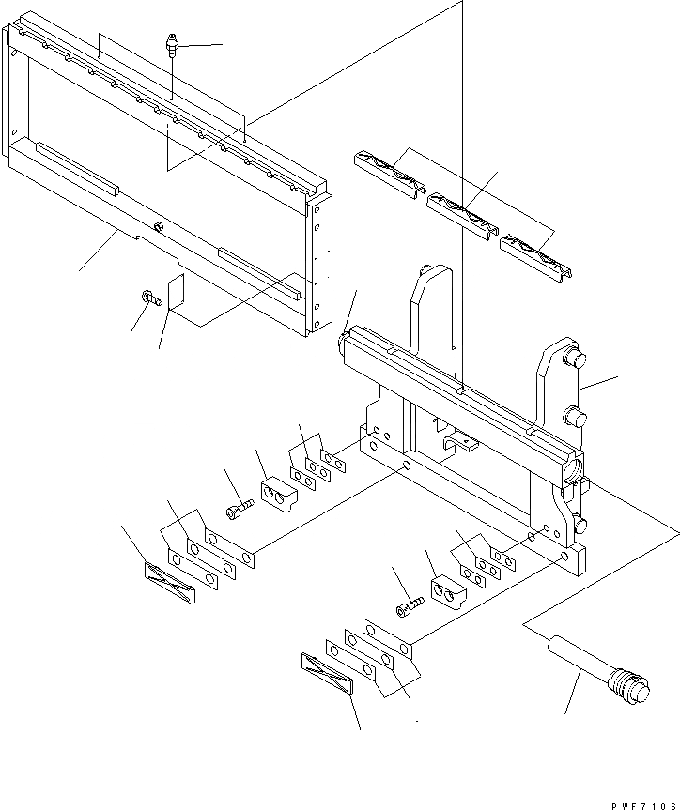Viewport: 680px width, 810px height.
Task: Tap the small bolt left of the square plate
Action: coord(148,299)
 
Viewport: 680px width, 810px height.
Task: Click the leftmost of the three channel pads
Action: coord(388,174)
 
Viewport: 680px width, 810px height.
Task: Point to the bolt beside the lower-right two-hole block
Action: coord(408,608)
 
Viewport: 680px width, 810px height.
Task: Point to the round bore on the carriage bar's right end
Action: coord(570,466)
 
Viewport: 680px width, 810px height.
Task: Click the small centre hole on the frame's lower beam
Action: coord(160,225)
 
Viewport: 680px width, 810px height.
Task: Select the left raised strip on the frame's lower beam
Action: coord(76,167)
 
